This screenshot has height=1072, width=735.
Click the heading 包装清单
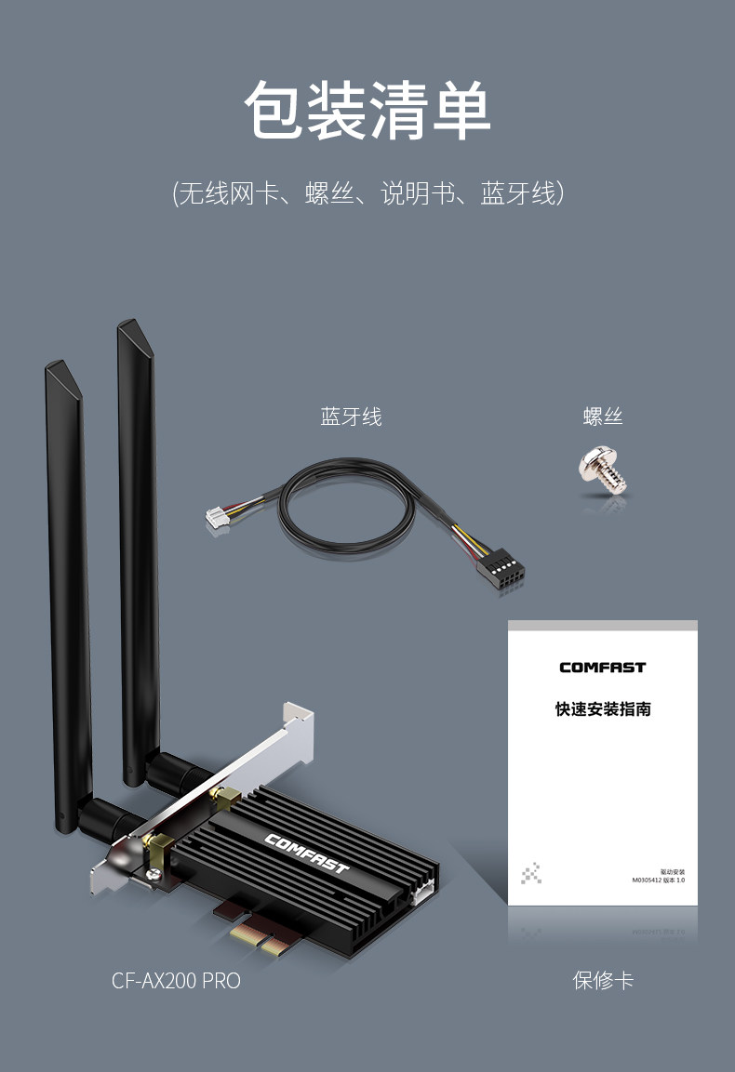(367, 111)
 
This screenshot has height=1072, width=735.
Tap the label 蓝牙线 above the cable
(351, 417)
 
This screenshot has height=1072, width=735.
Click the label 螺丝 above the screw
(602, 417)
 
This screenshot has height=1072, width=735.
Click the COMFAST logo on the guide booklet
(602, 667)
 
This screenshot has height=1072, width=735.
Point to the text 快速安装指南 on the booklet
(602, 709)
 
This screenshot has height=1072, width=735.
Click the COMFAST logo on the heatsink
(306, 854)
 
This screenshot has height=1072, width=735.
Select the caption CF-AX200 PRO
(176, 980)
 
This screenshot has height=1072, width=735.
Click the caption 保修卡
(602, 980)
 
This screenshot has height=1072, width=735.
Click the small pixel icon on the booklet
(531, 874)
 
